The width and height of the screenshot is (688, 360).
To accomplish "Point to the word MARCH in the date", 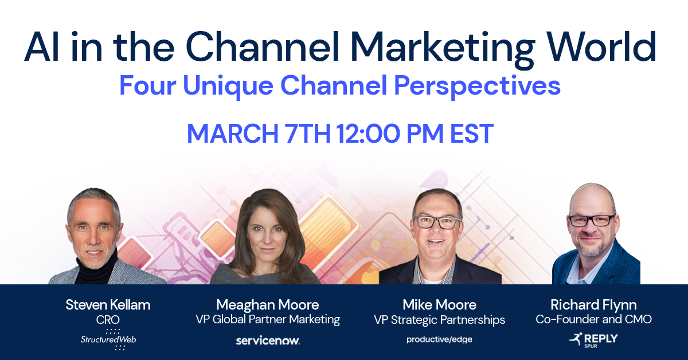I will click(x=232, y=134).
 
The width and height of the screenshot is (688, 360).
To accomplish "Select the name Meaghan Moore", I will click(x=268, y=304).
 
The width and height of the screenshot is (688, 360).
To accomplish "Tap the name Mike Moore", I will click(x=440, y=304).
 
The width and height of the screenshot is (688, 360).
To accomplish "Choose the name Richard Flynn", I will click(x=593, y=304).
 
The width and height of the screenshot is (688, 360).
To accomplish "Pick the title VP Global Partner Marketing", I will click(x=268, y=319).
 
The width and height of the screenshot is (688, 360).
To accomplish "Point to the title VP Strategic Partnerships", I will click(x=440, y=319).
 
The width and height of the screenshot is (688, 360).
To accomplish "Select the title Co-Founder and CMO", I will click(x=593, y=319).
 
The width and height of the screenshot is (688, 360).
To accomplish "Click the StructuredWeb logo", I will click(x=108, y=339).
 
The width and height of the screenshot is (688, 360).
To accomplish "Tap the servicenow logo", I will click(x=268, y=341).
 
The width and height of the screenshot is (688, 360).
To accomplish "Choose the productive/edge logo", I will click(x=440, y=339).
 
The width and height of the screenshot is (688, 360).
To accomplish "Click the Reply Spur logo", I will click(x=593, y=340).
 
